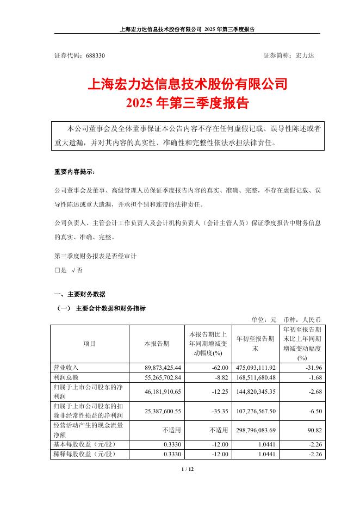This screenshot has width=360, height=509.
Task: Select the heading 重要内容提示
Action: point(74,172)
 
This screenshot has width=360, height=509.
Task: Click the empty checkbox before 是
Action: point(57,269)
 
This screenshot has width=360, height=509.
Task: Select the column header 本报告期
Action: point(156,344)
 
